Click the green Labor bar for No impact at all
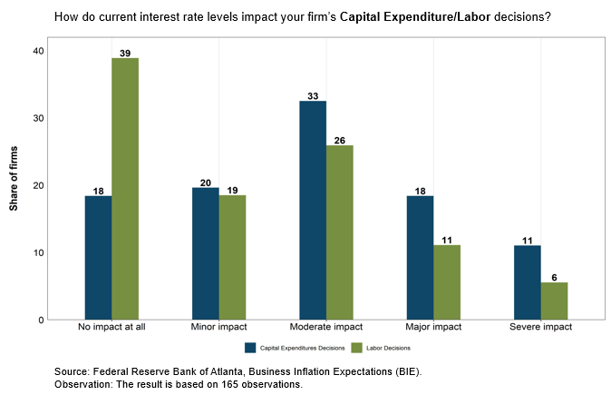pyautogui.click(x=125, y=189)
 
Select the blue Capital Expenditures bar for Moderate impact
pyautogui.click(x=313, y=211)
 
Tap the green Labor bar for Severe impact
pyautogui.click(x=554, y=301)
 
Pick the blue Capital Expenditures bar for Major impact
pyautogui.click(x=420, y=258)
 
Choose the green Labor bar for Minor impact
pyautogui.click(x=232, y=258)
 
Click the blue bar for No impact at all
pyautogui.click(x=98, y=258)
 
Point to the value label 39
pyautogui.click(x=125, y=53)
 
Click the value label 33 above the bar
pyautogui.click(x=313, y=96)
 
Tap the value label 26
pyautogui.click(x=340, y=141)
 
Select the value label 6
pyautogui.click(x=554, y=278)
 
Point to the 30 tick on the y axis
pyautogui.click(x=39, y=118)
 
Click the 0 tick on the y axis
pyautogui.click(x=42, y=320)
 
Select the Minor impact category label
pyautogui.click(x=218, y=327)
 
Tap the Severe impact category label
pyautogui.click(x=541, y=327)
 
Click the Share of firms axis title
pyautogui.click(x=14, y=178)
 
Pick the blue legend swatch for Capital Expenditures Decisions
pyautogui.click(x=250, y=348)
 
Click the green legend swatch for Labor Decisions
pyautogui.click(x=356, y=348)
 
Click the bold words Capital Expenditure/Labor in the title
pyautogui.click(x=415, y=16)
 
